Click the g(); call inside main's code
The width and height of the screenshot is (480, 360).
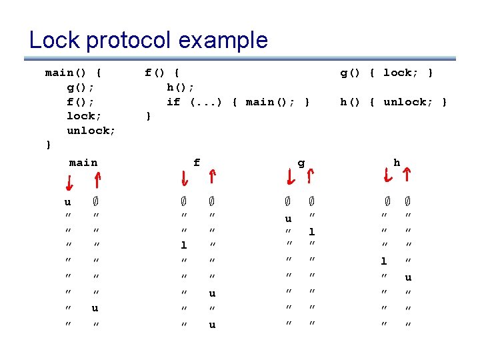(x=80, y=87)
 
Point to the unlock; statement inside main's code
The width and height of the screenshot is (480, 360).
(x=91, y=130)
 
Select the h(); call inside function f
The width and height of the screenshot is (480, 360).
(x=180, y=87)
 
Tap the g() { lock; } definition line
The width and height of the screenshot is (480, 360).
(x=387, y=73)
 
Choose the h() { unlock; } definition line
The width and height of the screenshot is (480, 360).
(x=394, y=101)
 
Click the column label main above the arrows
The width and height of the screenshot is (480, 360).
(x=83, y=162)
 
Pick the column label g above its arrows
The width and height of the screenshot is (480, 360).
(x=301, y=162)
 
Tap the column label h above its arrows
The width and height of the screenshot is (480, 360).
(x=397, y=162)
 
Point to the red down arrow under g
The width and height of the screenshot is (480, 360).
(x=290, y=177)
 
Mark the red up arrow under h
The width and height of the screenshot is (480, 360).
(x=407, y=175)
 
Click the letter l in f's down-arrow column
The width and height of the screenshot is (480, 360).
(x=184, y=245)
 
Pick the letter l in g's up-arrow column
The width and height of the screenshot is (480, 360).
(x=311, y=231)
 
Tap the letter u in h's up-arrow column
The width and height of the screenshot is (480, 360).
(x=408, y=277)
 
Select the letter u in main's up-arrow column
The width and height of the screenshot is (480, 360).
(x=96, y=308)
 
